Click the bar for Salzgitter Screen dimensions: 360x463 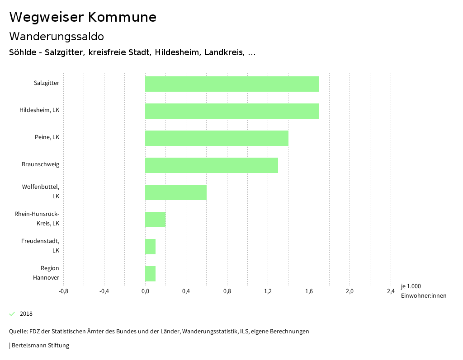point(232,84)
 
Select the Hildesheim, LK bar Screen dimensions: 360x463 point(232,111)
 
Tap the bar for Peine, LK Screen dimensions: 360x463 point(217,138)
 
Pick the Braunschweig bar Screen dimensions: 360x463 point(212,165)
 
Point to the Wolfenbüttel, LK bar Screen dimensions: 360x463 point(176,192)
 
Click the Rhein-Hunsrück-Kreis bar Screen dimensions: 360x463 point(155,220)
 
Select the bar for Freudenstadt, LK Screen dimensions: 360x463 point(150,247)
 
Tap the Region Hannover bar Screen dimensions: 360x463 point(150,274)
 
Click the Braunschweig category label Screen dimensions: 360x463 point(40,164)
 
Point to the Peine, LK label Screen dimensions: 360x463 point(47,137)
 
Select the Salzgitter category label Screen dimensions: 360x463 point(46,83)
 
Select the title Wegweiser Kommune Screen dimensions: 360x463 point(83,17)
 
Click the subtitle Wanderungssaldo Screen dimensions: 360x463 point(57,36)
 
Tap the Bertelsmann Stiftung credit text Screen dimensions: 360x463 point(40,346)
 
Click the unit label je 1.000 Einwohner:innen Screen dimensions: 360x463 point(423,291)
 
